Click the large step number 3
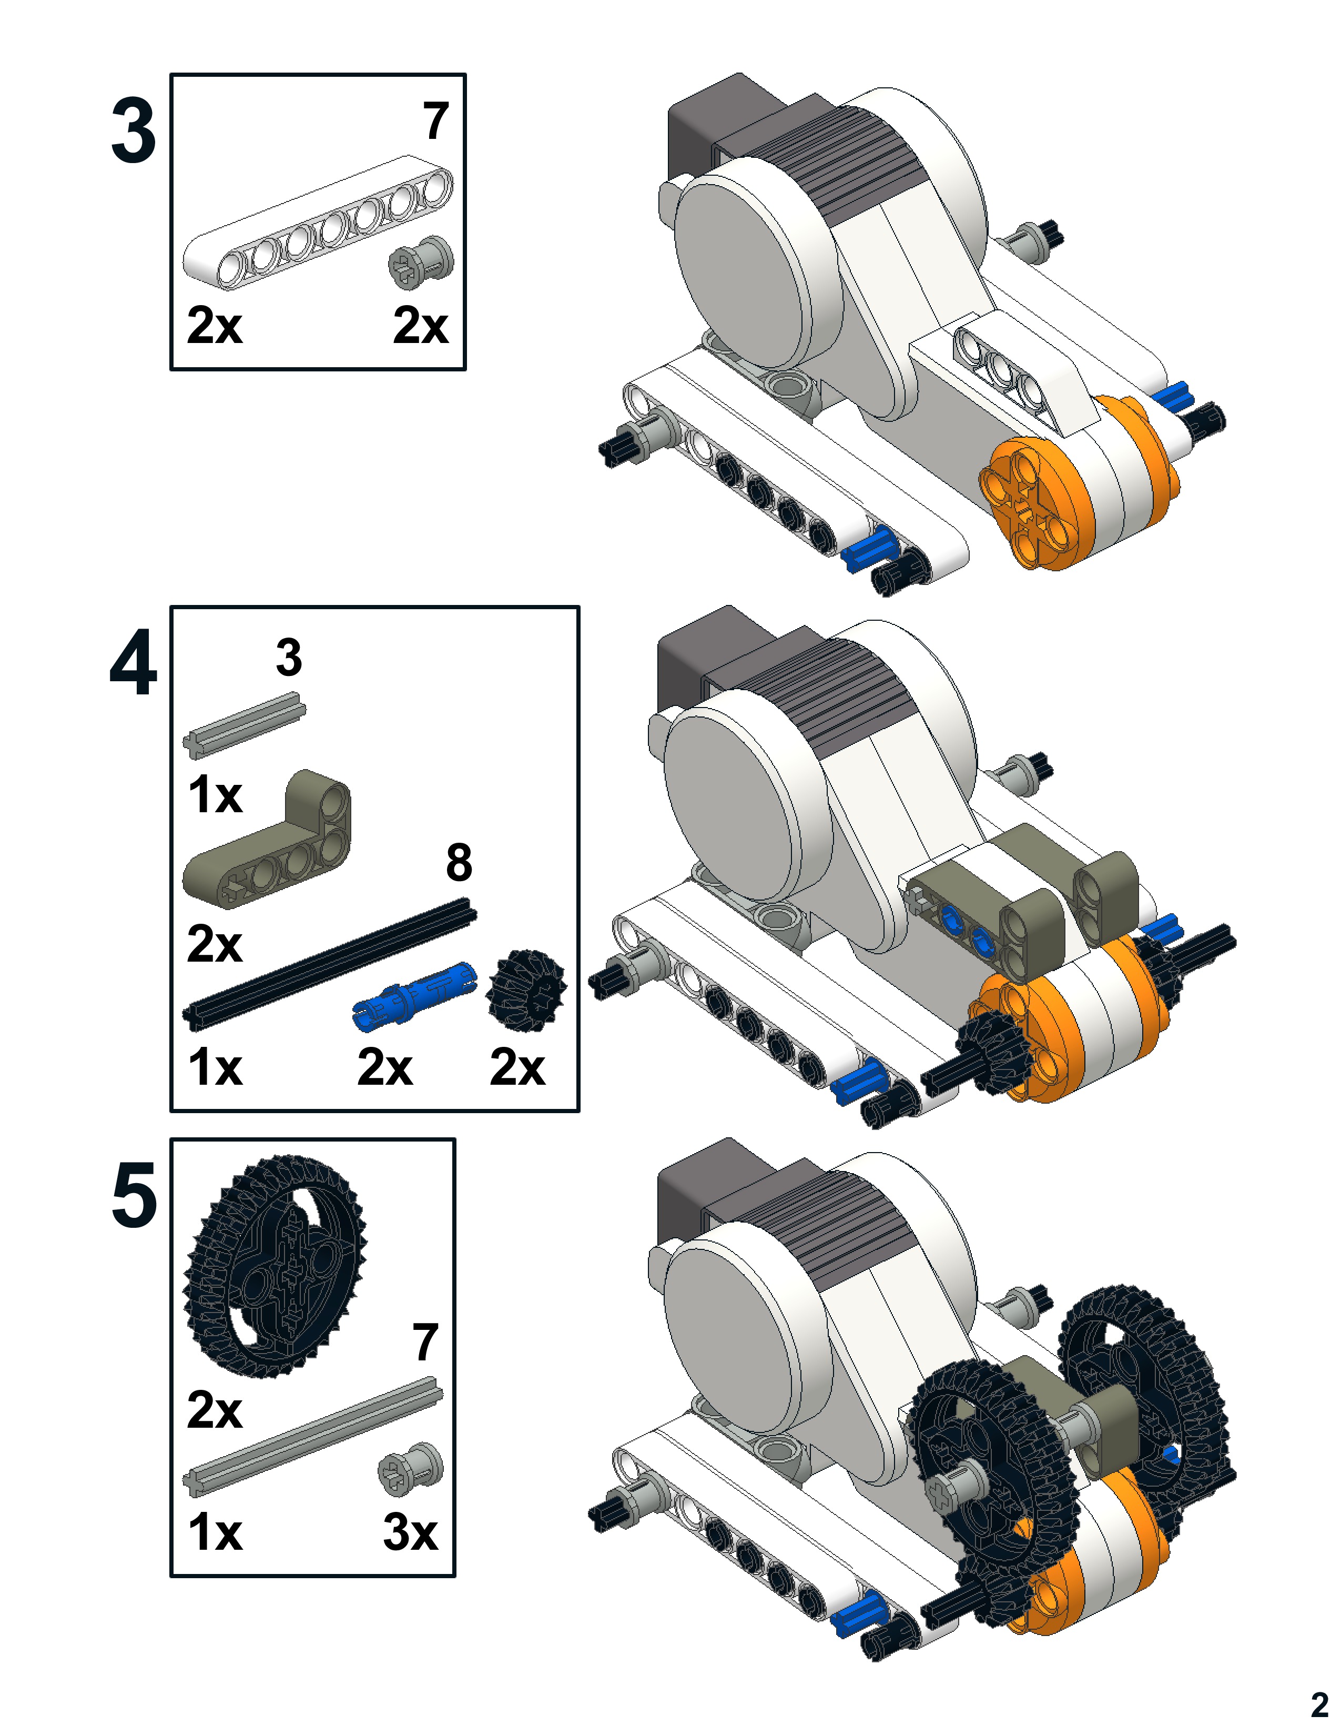[x=133, y=132]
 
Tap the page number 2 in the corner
[x=1319, y=1705]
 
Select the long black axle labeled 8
[x=330, y=963]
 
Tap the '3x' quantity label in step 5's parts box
[x=410, y=1532]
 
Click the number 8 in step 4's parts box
[x=459, y=863]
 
